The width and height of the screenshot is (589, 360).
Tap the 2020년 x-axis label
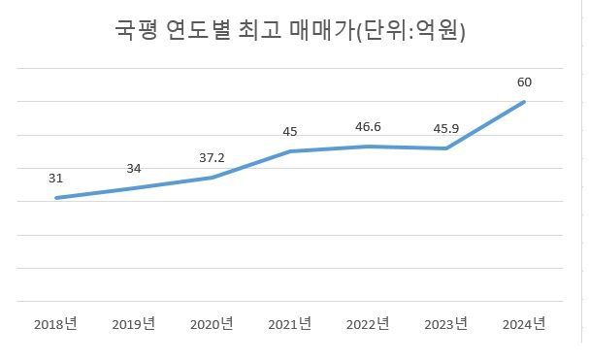212,323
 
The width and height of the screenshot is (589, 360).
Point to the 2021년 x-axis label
290,323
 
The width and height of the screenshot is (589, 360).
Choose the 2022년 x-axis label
369,323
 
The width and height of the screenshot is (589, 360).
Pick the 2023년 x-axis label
446,323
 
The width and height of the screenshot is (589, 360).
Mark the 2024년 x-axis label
525,323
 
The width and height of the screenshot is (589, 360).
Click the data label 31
55,179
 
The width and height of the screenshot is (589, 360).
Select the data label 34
134,169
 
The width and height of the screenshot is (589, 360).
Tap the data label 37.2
213,158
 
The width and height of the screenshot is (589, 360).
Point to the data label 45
290,132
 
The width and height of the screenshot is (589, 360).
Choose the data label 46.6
369,127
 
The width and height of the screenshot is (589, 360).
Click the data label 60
525,82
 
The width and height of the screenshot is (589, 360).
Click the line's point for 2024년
525,101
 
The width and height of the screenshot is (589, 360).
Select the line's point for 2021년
290,151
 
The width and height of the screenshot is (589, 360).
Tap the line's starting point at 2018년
55,198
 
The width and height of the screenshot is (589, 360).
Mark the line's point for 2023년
446,148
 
